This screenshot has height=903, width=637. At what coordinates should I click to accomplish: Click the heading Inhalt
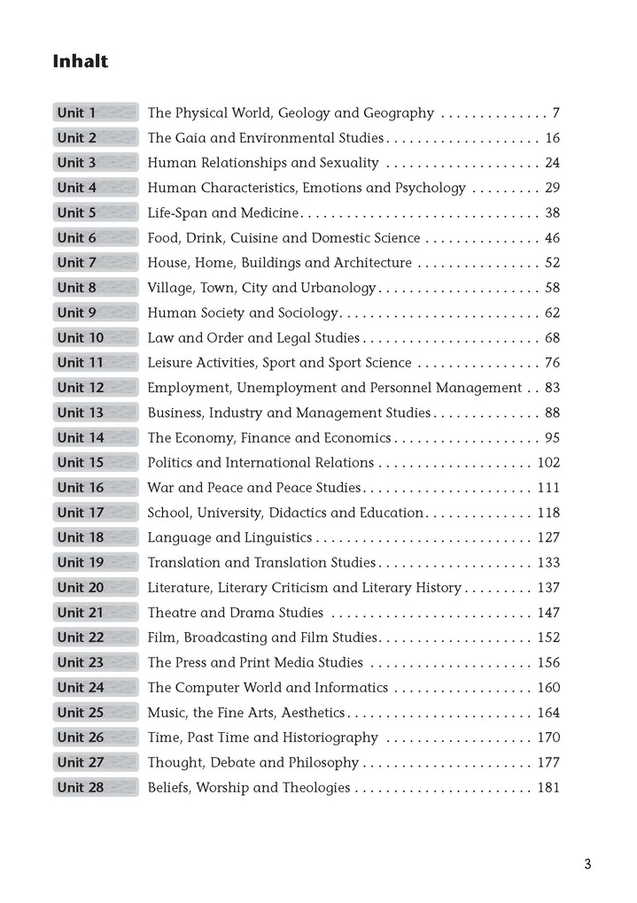(x=80, y=62)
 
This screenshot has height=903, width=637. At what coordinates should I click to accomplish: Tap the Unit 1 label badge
(x=95, y=113)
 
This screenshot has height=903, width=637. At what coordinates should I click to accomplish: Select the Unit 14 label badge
(x=95, y=438)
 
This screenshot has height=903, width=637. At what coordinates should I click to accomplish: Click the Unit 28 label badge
(x=95, y=788)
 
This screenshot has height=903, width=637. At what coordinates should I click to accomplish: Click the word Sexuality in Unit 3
(x=347, y=163)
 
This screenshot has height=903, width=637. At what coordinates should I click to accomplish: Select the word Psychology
(x=431, y=189)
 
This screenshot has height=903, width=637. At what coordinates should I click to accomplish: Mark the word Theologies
(x=317, y=788)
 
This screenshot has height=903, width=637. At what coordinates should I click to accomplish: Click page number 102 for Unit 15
(x=548, y=463)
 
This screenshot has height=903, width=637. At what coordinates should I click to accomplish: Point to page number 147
(x=548, y=613)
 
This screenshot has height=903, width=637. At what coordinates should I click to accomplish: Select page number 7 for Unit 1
(x=555, y=113)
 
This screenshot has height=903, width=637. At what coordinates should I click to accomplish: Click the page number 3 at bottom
(x=587, y=865)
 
